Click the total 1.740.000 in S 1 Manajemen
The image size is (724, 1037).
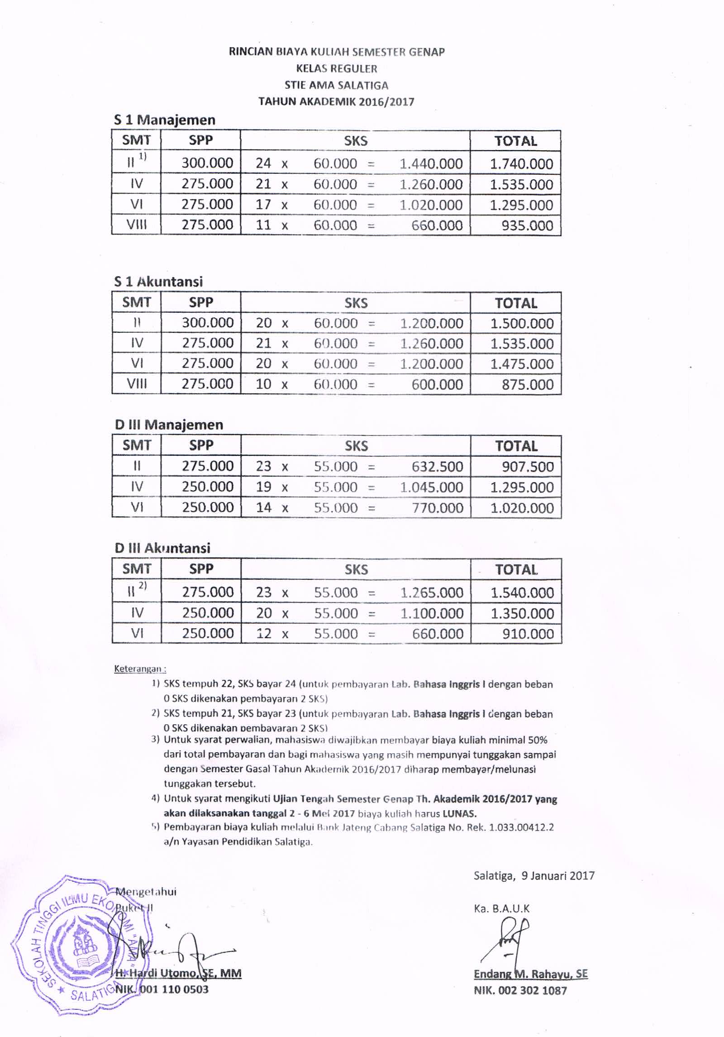(x=521, y=164)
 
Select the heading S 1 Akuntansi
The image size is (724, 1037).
(x=158, y=282)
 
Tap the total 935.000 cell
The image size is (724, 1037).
(x=527, y=225)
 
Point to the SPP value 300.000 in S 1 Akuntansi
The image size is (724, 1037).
(x=208, y=323)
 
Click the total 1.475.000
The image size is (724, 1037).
(x=522, y=364)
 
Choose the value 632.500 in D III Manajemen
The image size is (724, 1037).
(x=437, y=467)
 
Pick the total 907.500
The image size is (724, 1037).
(x=528, y=467)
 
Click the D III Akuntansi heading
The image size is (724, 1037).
(x=162, y=548)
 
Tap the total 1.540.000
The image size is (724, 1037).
(x=522, y=593)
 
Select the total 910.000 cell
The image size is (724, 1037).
(x=528, y=634)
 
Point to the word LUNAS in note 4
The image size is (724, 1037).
(x=459, y=813)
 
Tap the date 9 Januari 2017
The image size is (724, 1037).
(x=557, y=875)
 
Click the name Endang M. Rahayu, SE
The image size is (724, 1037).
(x=530, y=974)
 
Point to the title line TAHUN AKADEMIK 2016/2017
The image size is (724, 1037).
(x=336, y=101)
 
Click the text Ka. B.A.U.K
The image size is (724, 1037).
(x=501, y=908)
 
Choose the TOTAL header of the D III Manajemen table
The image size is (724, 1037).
(x=516, y=446)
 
